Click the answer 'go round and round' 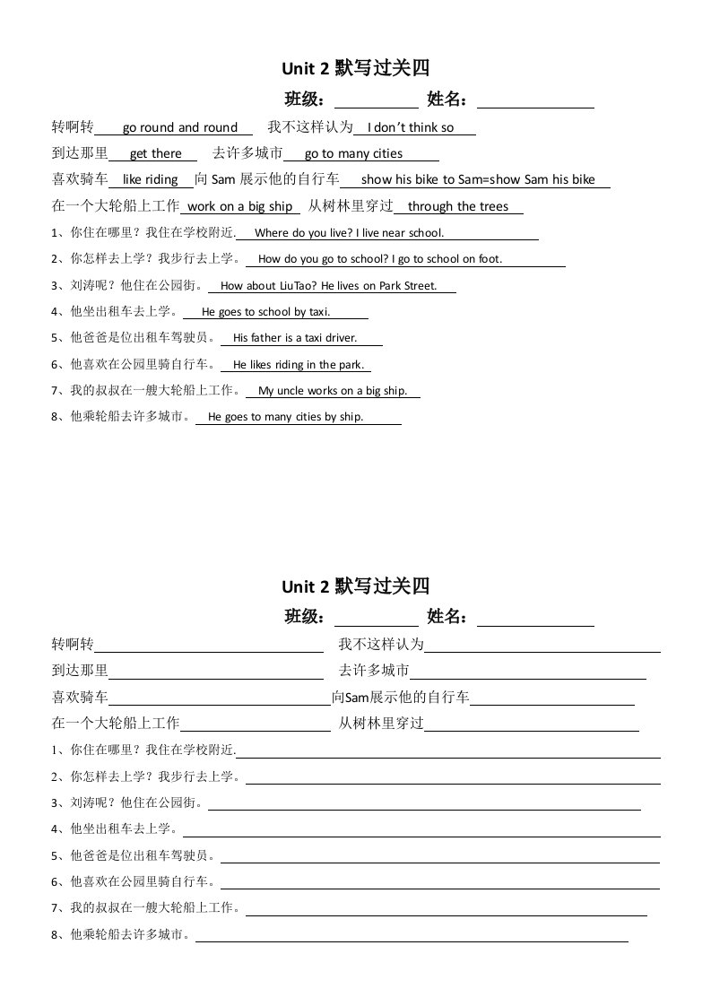[180, 127]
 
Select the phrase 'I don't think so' [411, 127]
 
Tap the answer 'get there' [156, 153]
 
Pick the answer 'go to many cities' [353, 153]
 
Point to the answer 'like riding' [150, 179]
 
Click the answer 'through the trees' [457, 206]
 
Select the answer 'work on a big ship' [240, 206]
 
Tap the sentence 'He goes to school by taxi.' [266, 312]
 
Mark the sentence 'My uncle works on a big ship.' [333, 391]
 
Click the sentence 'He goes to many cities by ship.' [285, 417]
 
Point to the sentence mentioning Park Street [328, 286]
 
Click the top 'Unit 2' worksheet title [356, 68]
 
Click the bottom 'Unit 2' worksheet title [356, 586]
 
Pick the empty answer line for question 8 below [412, 940]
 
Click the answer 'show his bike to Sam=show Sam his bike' [478, 179]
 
